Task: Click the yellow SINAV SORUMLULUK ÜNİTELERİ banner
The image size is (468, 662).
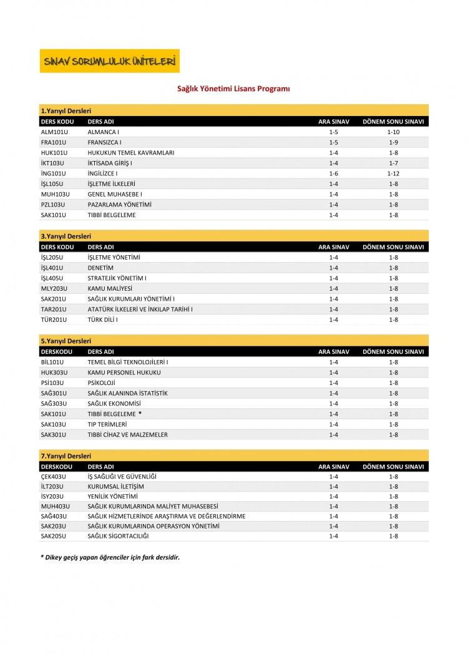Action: [x=109, y=61]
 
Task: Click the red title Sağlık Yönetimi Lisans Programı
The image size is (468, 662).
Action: [x=234, y=89]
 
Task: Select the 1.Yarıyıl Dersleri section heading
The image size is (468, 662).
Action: [x=66, y=110]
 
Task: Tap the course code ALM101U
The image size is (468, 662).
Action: [x=54, y=132]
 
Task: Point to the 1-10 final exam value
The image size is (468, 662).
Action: [x=393, y=132]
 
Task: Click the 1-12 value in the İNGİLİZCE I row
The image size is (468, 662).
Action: [x=393, y=173]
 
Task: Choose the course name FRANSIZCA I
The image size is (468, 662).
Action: [x=104, y=142]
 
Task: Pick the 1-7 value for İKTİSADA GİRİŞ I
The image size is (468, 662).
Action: [x=393, y=163]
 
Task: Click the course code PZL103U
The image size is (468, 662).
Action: [x=54, y=205]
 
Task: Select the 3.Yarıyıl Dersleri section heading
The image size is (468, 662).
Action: [x=66, y=236]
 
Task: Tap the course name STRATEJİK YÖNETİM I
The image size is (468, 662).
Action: [x=121, y=278]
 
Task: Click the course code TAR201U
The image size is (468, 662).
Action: [x=54, y=309]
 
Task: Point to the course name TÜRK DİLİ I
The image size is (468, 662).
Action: [x=103, y=319]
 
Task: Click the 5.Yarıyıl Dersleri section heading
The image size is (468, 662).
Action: [x=66, y=341]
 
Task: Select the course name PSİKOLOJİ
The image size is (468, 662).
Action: [x=102, y=382]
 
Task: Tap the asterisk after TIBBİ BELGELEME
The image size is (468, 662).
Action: [x=140, y=413]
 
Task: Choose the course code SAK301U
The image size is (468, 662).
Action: [x=54, y=434]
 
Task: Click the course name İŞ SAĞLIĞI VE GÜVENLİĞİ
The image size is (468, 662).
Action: [x=122, y=477]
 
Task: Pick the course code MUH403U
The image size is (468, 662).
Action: [x=55, y=506]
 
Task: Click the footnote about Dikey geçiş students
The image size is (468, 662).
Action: [x=110, y=557]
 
